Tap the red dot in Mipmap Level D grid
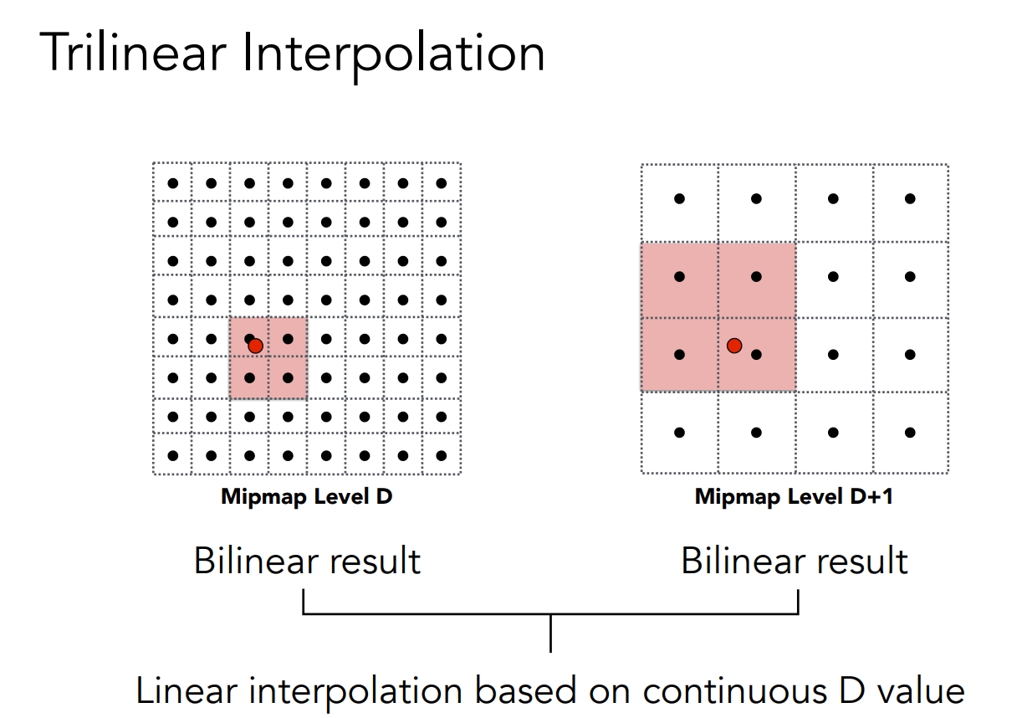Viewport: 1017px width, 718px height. pyautogui.click(x=256, y=346)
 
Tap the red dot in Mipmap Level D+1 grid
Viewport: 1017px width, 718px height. pyautogui.click(x=733, y=345)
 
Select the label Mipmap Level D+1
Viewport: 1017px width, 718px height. pyautogui.click(x=794, y=497)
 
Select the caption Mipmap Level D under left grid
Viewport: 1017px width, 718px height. pyautogui.click(x=306, y=497)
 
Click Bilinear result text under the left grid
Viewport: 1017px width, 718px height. pyautogui.click(x=307, y=561)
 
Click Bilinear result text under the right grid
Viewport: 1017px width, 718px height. pyautogui.click(x=795, y=561)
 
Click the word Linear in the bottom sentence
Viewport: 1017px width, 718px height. pyautogui.click(x=188, y=691)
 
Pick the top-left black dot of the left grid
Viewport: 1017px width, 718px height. pyautogui.click(x=173, y=183)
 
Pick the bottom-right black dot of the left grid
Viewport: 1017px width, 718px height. pyautogui.click(x=442, y=456)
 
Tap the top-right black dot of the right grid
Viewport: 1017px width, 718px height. pyautogui.click(x=910, y=199)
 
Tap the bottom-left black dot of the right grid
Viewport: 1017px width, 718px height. pyautogui.click(x=679, y=433)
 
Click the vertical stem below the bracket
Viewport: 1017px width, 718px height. pyautogui.click(x=550, y=633)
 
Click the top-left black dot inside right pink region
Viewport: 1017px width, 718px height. pyautogui.click(x=679, y=277)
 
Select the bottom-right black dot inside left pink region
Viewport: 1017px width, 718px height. pyautogui.click(x=288, y=378)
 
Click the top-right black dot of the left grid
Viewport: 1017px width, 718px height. pyautogui.click(x=442, y=183)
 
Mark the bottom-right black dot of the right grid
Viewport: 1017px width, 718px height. pyautogui.click(x=910, y=433)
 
